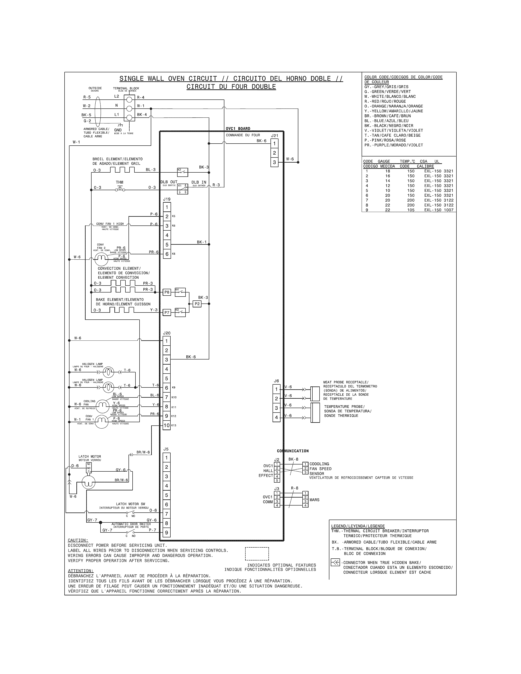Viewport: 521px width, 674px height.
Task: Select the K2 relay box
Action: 182,171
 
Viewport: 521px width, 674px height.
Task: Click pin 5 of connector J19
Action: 167,245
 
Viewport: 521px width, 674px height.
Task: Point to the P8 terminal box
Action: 167,292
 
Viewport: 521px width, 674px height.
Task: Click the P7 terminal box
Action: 167,313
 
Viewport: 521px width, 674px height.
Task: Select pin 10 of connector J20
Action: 167,425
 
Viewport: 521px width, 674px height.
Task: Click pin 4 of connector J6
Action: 276,417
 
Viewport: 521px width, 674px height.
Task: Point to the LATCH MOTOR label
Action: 89,456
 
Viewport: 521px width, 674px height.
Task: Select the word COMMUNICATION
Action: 292,451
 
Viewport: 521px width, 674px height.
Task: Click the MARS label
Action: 314,500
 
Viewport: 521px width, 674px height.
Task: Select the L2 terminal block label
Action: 116,96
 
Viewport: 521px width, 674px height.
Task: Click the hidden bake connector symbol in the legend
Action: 335,563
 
